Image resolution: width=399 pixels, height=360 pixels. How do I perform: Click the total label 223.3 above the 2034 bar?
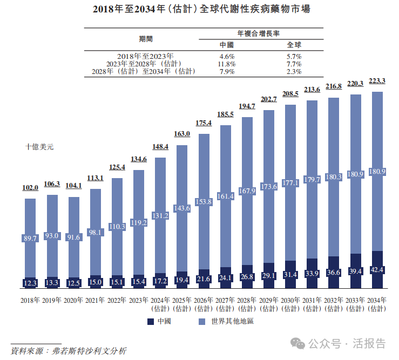[x=377, y=81]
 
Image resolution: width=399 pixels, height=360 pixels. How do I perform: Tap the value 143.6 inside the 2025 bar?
[x=182, y=208]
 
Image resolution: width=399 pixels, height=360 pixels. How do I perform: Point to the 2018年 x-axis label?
[x=30, y=301]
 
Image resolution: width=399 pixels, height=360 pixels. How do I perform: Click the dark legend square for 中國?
[x=151, y=322]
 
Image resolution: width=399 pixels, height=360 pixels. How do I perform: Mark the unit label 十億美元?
[x=39, y=146]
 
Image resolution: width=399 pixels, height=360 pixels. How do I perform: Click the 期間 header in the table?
[x=146, y=39]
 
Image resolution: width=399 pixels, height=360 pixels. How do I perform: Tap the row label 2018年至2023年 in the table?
[x=145, y=56]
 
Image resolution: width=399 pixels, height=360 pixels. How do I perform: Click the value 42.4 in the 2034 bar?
[x=377, y=270]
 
